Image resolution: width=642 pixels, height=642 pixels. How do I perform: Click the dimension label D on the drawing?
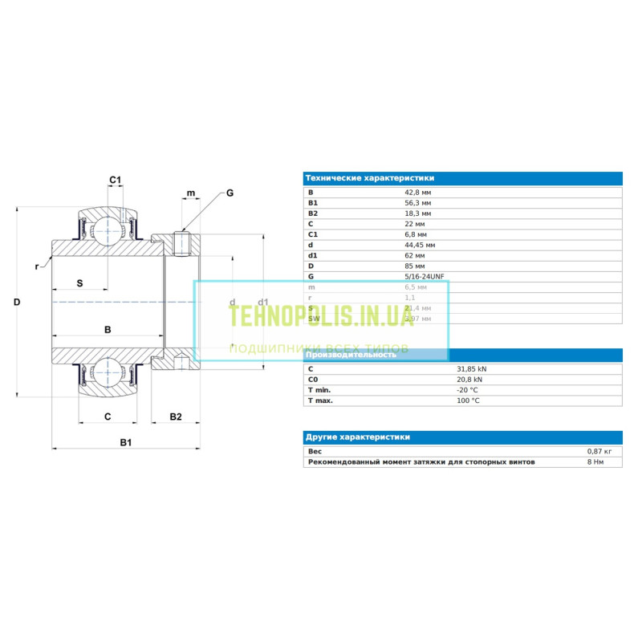tap(17, 302)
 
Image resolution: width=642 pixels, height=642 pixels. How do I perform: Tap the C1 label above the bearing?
tap(115, 181)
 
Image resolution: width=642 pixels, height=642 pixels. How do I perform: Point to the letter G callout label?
tap(230, 193)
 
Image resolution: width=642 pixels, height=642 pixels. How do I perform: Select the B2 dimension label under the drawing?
tap(176, 416)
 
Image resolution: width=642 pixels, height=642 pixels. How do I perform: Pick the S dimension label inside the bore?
tap(80, 283)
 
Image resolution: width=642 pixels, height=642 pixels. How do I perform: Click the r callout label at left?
tap(37, 266)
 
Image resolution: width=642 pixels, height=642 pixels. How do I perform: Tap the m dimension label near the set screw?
tap(190, 193)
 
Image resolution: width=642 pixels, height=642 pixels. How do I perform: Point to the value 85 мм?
tap(415, 266)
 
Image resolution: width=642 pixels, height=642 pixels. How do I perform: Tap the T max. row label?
tap(321, 400)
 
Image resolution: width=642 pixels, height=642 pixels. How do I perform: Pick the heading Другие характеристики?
tap(357, 437)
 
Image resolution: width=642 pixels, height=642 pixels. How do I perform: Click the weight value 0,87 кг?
tap(599, 452)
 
